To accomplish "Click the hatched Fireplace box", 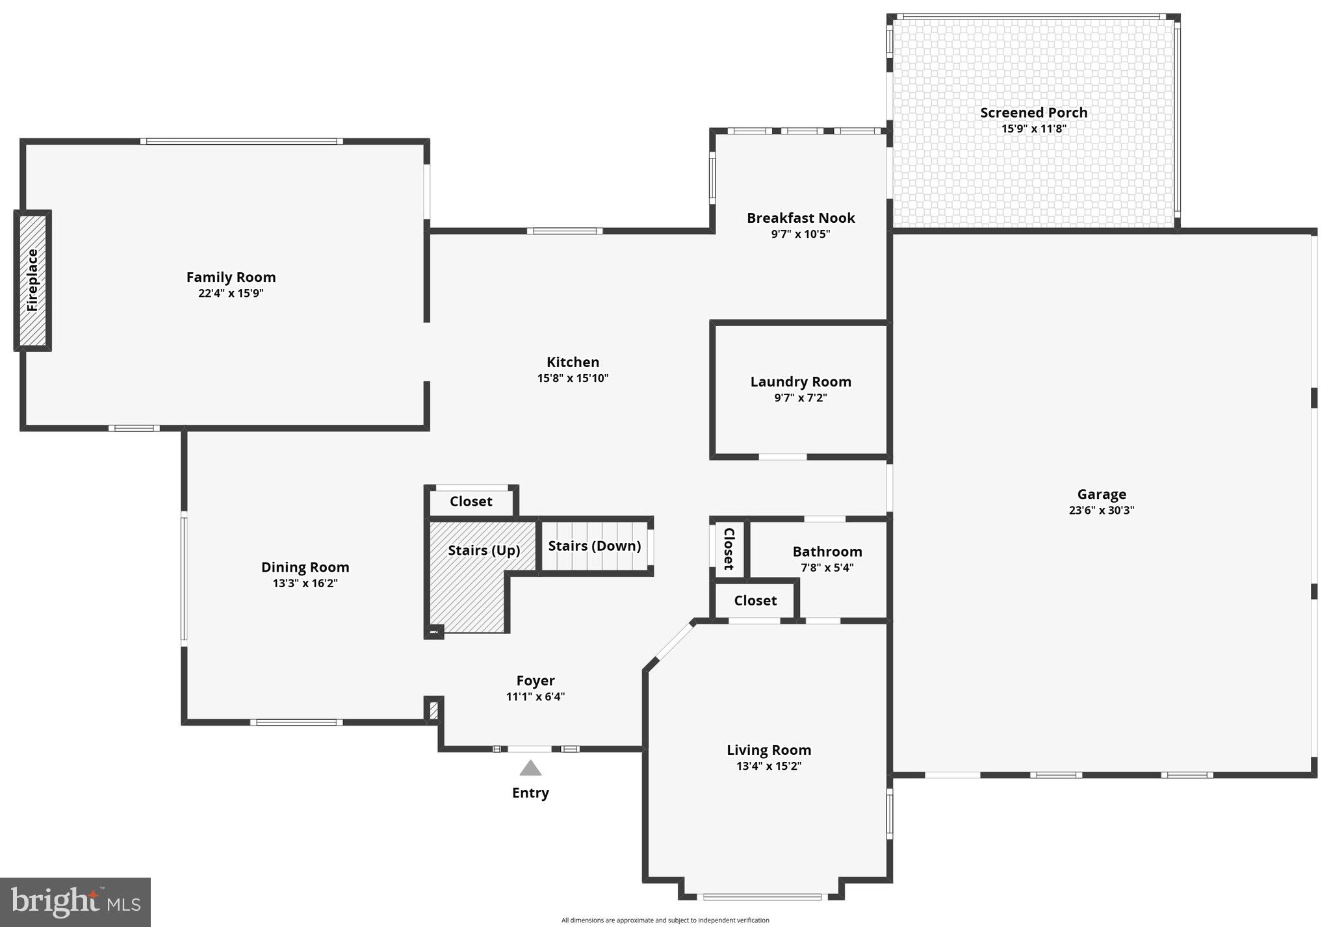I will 32,281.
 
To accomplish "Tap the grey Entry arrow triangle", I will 530,768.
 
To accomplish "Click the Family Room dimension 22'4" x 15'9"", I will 231,293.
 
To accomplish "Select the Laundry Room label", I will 801,382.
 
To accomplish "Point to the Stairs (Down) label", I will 594,546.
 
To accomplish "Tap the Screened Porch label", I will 1033,112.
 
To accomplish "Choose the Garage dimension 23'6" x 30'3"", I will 1101,510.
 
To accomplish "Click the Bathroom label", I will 827,552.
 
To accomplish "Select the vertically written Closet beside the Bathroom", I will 729,548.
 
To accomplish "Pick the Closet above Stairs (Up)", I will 471,502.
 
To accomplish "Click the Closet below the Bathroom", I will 755,601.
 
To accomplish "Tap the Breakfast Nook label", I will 801,218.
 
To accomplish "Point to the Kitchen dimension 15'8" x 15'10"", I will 573,378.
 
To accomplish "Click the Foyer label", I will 535,681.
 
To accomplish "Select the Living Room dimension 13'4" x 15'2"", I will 768,766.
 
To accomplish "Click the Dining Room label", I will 305,567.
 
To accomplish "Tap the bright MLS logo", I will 75,902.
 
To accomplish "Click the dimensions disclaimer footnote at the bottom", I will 665,920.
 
